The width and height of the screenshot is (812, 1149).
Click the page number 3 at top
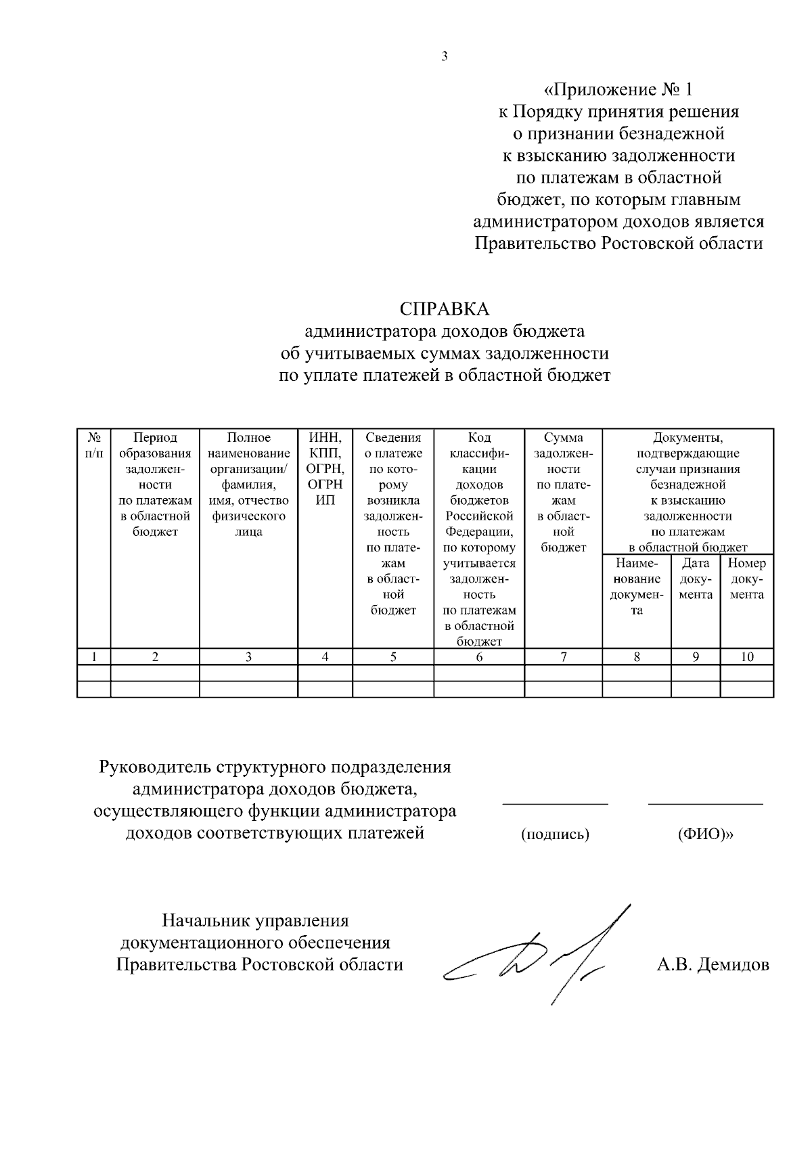[445, 57]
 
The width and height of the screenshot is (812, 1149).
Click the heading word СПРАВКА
[444, 309]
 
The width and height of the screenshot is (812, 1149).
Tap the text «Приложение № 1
[618, 89]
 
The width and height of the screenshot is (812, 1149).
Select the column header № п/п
[94, 445]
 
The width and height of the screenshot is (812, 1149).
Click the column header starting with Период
[155, 485]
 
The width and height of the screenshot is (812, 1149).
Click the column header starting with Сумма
[563, 493]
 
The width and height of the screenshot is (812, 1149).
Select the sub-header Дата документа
[696, 579]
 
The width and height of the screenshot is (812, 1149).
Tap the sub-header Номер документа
[747, 579]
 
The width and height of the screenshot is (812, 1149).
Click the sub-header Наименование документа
[637, 586]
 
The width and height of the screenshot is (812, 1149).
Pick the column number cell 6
[479, 656]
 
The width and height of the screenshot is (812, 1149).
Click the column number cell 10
[747, 656]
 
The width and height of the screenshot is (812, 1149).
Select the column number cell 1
[94, 656]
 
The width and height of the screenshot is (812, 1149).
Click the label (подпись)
[555, 834]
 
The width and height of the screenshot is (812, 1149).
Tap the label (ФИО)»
[706, 834]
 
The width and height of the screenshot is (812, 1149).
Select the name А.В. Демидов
[713, 965]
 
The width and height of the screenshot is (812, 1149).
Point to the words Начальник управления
[255, 921]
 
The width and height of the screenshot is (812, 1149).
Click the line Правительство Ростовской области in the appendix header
[618, 244]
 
